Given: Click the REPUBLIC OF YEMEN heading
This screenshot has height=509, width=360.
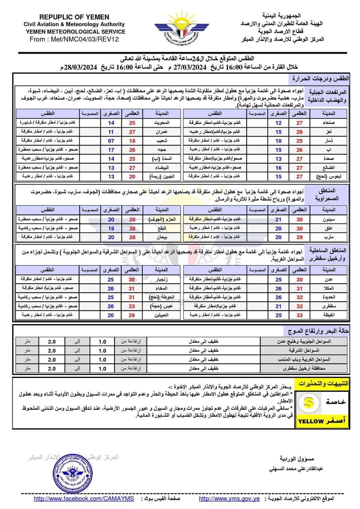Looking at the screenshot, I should coord(74,17).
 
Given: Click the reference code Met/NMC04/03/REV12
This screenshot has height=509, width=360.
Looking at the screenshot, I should coord(74,39).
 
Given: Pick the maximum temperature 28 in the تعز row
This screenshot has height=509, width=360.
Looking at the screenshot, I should coord(299,132).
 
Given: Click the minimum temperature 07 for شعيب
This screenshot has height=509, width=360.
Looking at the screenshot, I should coord(111,141).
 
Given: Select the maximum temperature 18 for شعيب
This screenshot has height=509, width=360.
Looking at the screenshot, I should coord(132,141).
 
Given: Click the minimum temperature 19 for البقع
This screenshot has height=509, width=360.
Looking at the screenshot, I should coord(111,229).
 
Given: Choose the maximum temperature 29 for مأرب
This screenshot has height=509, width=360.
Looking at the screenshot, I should coord(299,237).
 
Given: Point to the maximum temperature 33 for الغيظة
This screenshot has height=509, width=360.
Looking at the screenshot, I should coord(299,315).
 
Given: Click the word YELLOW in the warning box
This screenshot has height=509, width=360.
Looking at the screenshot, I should coord(311,421).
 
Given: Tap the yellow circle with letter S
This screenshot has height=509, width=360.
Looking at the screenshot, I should coord(309,403).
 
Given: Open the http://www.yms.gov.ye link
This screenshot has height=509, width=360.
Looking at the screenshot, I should coord(229,499).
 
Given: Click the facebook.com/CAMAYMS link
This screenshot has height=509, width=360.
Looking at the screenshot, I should coord(84,499).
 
